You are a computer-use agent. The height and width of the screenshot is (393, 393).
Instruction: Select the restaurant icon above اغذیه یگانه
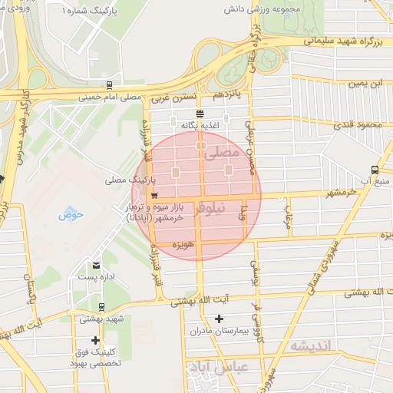pos(190,112)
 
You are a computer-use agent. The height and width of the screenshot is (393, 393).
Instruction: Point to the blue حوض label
pos(71,214)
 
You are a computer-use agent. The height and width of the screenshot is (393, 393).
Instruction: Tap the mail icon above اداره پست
pos(96,265)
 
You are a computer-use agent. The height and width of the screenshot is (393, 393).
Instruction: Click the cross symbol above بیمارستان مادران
pos(220,319)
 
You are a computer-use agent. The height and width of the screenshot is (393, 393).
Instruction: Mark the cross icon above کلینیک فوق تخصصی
pos(95,340)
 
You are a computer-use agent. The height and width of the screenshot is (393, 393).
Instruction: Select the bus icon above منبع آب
pos(374,169)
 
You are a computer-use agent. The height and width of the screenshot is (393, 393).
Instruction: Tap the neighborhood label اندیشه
pos(309,346)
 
